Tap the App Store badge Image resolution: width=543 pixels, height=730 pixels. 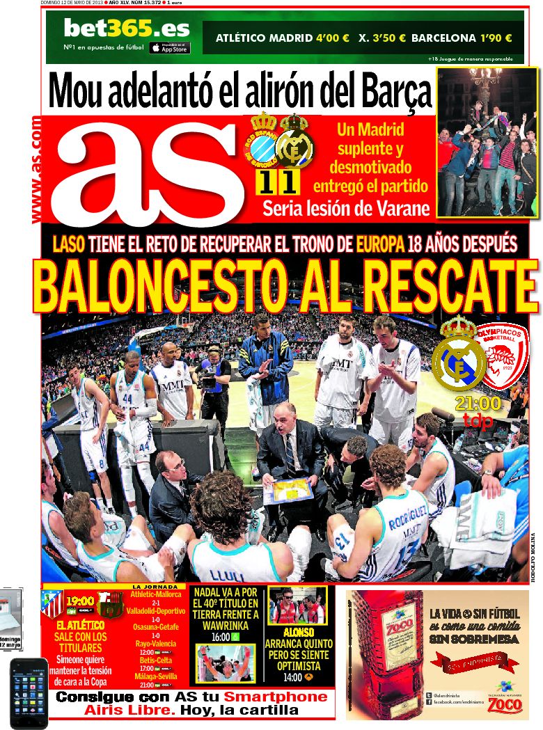[169, 48]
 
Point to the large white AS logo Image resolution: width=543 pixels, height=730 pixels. [153, 170]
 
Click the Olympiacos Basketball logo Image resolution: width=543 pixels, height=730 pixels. [503, 357]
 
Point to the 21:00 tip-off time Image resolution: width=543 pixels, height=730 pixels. [478, 404]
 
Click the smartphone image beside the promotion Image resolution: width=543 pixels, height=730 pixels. [29, 692]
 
